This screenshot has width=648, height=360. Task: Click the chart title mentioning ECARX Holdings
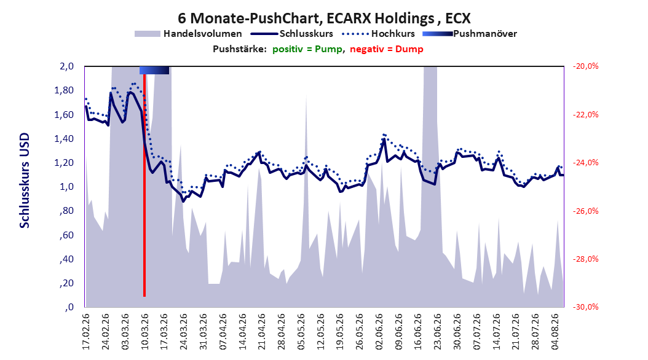pos(324,18)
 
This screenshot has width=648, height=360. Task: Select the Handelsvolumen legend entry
pos(188,34)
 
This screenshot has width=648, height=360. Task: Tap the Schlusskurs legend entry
pos(292,34)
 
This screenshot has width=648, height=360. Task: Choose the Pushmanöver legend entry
pos(470,34)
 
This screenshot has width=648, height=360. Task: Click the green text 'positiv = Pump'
pos(307,49)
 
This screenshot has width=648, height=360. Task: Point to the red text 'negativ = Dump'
pos(387,49)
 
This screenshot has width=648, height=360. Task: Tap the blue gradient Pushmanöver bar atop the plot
pos(154,70)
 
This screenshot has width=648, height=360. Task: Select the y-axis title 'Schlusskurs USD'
pos(25,180)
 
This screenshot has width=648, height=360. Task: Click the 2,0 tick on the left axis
pos(66,66)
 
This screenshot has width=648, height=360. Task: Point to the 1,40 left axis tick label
pos(64,139)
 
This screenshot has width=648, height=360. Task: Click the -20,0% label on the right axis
pos(585,66)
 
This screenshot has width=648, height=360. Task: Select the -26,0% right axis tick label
pos(585,211)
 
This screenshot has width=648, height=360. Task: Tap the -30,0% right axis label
pos(585,307)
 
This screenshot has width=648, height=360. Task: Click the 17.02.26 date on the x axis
pos(85,332)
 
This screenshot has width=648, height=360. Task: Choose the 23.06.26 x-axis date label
pos(437,332)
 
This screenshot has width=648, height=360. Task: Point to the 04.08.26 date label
pos(555,332)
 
